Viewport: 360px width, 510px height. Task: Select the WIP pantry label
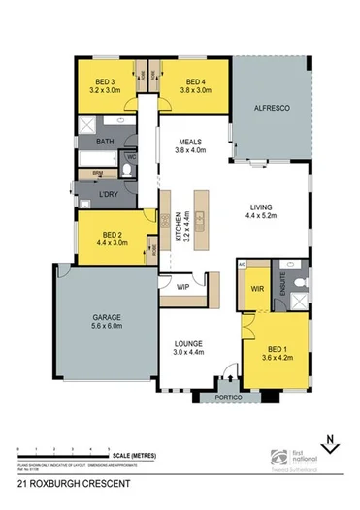[x=181, y=287]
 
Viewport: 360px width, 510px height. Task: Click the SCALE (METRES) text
[x=133, y=452]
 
